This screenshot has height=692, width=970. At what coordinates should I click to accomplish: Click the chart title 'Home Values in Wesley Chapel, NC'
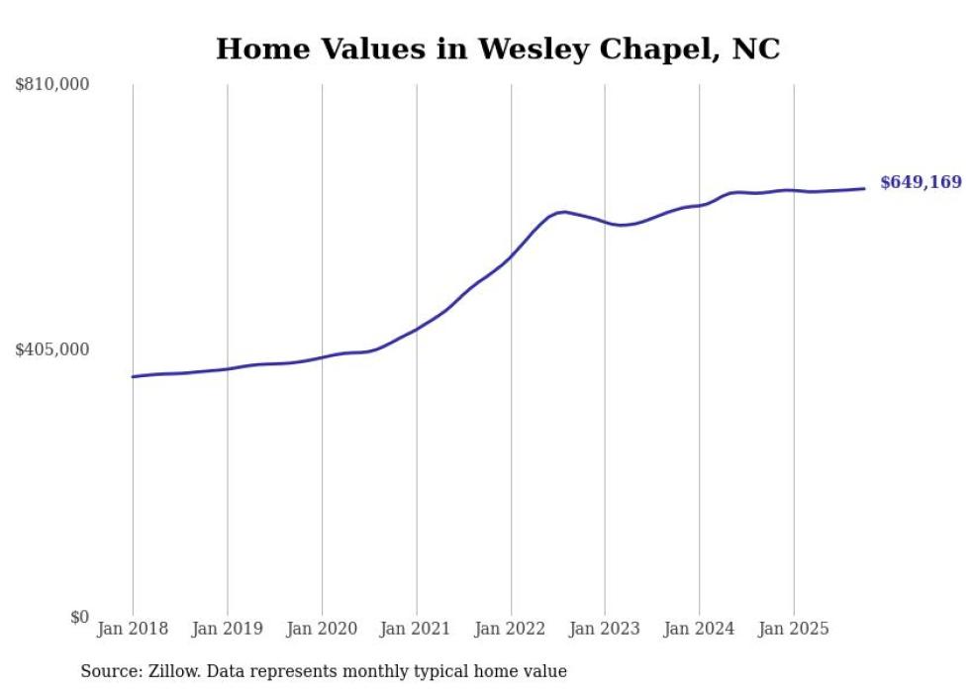click(498, 49)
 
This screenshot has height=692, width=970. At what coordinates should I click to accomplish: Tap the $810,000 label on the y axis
click(52, 85)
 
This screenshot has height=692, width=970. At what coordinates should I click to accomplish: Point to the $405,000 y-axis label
click(52, 349)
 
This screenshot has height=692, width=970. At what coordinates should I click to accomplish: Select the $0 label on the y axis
click(79, 617)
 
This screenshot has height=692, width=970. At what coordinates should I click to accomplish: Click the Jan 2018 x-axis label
click(133, 629)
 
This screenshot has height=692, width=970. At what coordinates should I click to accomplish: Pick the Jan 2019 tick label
click(228, 629)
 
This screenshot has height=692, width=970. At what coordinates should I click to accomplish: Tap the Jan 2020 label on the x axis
click(322, 629)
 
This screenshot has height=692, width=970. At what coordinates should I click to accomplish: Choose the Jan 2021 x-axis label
click(417, 629)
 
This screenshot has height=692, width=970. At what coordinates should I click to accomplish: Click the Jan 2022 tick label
click(511, 629)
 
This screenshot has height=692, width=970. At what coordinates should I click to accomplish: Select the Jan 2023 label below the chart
click(605, 629)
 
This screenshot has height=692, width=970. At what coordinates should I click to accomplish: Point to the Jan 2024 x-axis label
click(700, 629)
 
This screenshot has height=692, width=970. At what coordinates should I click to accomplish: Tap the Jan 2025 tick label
click(794, 629)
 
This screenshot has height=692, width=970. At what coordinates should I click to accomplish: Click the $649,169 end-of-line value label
click(921, 182)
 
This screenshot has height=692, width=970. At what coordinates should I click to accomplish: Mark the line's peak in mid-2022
click(562, 212)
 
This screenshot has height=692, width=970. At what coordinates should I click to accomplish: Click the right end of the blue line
click(864, 188)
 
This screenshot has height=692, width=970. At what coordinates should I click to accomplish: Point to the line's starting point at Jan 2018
click(133, 376)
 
